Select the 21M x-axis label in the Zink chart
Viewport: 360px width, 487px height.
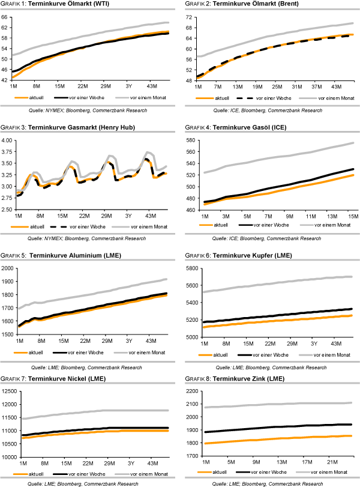[x=331, y=463]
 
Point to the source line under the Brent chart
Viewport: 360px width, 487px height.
[x=270, y=110]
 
